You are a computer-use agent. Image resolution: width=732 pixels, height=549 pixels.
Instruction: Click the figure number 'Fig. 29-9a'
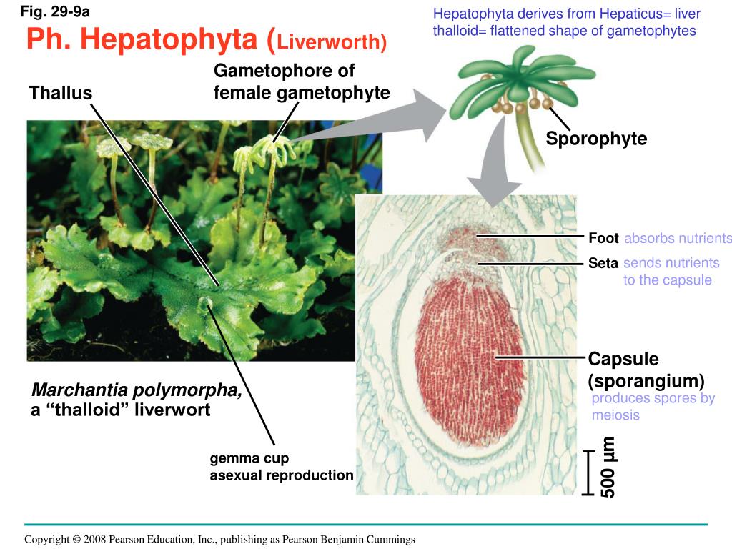tap(55, 12)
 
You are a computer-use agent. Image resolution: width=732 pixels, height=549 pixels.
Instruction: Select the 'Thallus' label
tap(61, 93)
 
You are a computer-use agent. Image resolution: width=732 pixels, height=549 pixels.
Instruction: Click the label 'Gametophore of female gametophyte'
tap(301, 82)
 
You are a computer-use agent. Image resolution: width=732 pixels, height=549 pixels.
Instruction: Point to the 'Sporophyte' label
tap(596, 139)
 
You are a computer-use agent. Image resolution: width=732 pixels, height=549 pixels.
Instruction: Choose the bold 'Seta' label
tap(603, 264)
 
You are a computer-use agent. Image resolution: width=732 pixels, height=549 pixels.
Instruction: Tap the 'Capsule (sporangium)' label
tap(646, 370)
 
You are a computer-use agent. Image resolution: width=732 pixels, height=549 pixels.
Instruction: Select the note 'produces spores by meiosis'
tap(653, 407)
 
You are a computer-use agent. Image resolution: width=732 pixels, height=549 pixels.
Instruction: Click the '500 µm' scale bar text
tap(609, 467)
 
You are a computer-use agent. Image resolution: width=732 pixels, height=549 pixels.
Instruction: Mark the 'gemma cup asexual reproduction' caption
tap(281, 467)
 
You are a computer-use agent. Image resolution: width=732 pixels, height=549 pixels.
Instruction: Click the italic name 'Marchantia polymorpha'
tap(137, 390)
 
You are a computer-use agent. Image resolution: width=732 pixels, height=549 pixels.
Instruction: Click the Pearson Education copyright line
tap(219, 540)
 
